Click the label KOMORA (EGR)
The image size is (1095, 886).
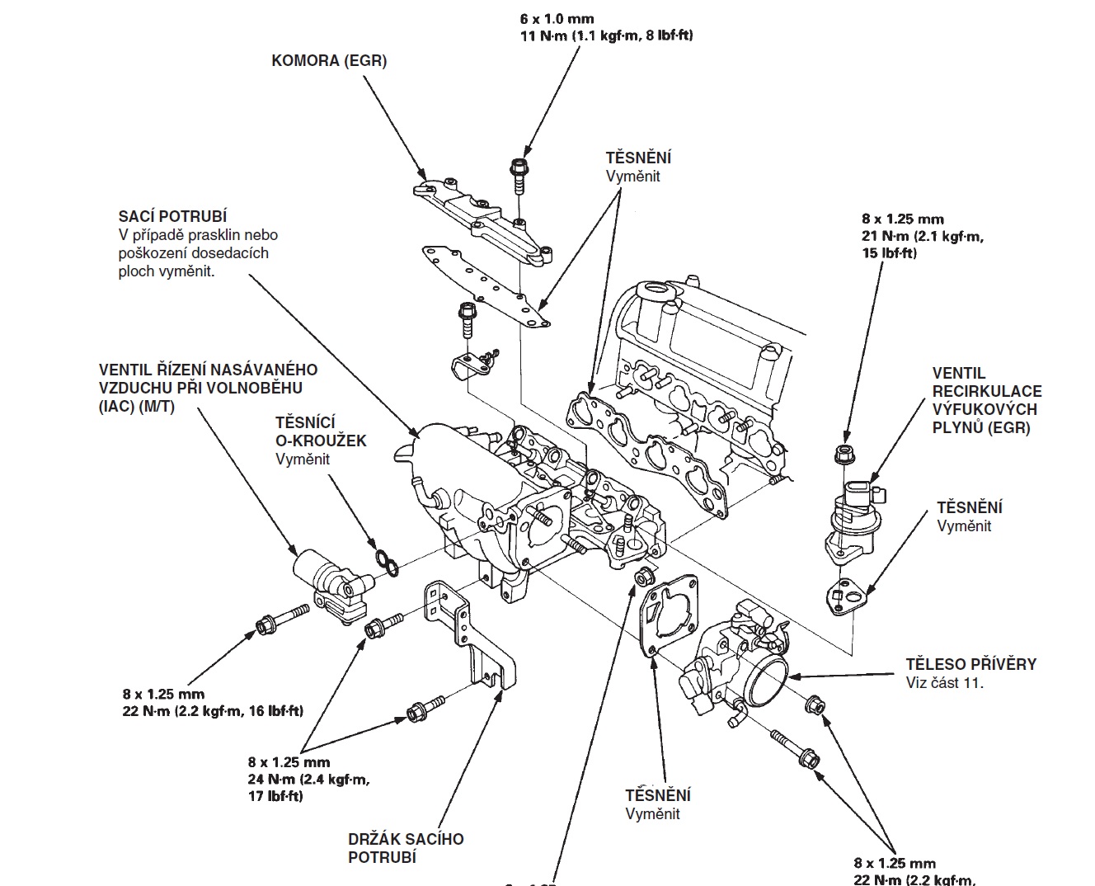(329, 60)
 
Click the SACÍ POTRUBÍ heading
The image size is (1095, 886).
(172, 217)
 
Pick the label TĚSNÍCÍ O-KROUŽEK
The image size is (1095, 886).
(320, 431)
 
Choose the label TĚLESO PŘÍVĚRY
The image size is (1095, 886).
(970, 664)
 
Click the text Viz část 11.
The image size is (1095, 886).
(944, 683)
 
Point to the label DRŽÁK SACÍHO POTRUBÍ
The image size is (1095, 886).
(406, 848)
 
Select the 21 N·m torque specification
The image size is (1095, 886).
(922, 237)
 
